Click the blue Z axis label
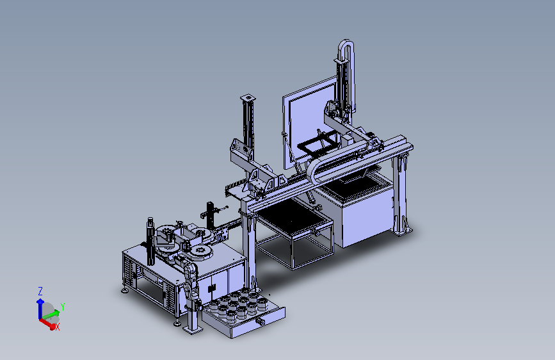coord(40,291)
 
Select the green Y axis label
coord(63,306)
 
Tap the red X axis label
coord(58,327)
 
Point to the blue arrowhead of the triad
coord(40,302)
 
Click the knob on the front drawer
coord(261,322)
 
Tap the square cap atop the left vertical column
coord(248,97)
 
